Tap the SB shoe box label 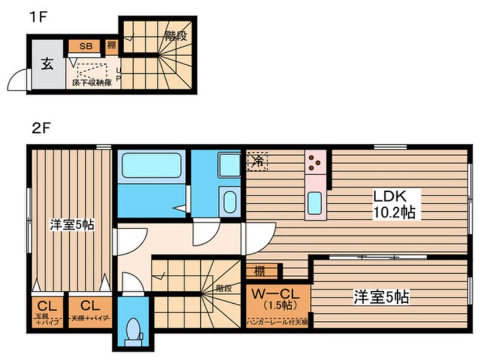point(86,46)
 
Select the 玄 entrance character point(47,64)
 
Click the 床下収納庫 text point(92,82)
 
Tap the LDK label point(388,196)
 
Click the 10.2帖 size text point(393,213)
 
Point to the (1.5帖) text point(278,307)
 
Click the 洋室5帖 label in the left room point(71,225)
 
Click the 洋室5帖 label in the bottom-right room point(382,296)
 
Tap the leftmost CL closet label point(47,304)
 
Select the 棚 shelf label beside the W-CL point(260,271)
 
